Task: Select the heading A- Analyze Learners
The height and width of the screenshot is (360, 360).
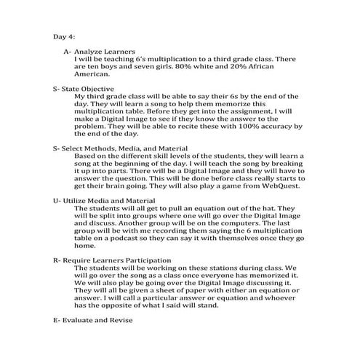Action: pos(93,52)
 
